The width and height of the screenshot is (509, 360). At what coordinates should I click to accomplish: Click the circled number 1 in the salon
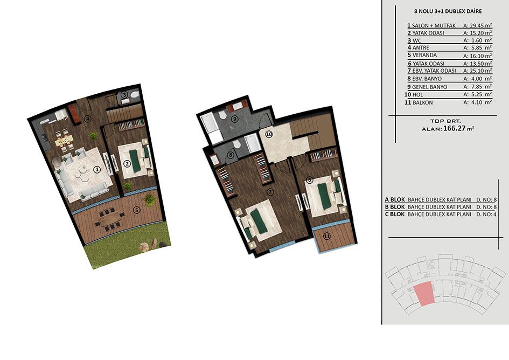coord(96,169)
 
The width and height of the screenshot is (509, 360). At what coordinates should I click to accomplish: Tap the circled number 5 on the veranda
coord(137,210)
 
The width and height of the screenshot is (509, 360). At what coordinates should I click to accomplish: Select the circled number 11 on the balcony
coord(327,236)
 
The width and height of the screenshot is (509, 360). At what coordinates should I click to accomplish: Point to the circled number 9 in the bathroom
coord(235,119)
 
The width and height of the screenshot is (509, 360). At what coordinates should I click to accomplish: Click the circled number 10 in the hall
coord(269,134)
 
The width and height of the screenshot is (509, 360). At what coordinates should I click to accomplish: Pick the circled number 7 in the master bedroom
coord(270,192)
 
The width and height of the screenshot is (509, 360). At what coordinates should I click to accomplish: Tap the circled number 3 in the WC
coord(124,95)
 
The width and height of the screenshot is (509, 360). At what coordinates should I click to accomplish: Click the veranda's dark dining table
coord(111,220)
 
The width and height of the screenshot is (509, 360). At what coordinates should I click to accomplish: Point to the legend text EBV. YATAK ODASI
coord(434,71)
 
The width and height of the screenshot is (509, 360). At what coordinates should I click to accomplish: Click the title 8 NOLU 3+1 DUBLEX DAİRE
coord(448,11)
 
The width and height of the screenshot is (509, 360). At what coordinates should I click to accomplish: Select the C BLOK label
coord(395,214)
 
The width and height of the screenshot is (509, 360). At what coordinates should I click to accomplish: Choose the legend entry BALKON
coord(423,103)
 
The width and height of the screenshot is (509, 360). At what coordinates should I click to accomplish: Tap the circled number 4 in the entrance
coord(87,119)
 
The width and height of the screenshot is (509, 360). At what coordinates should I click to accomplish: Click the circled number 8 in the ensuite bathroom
coord(230,155)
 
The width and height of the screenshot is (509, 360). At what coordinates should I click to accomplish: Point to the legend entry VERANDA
coord(424,55)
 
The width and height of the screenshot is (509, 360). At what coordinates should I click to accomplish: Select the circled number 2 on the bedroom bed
coord(127,163)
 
